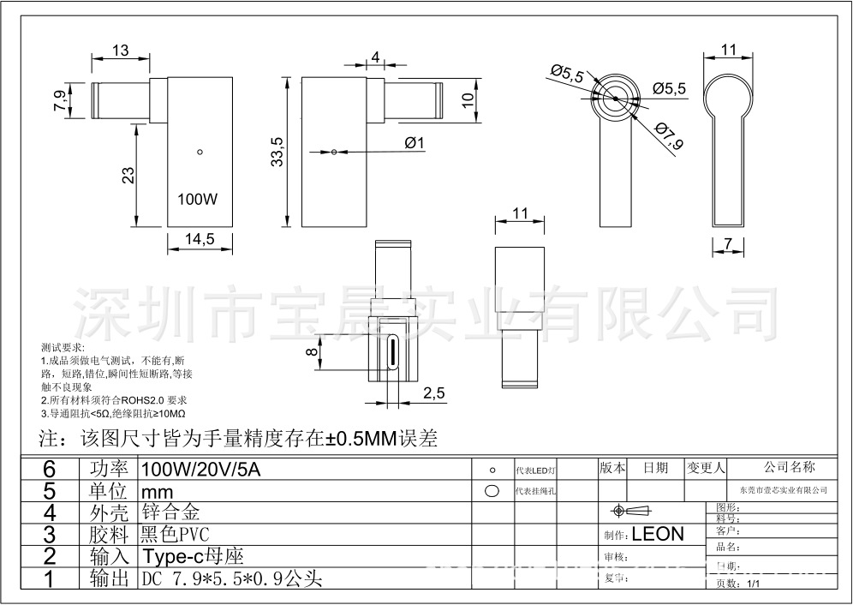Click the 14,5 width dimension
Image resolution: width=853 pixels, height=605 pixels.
point(199,240)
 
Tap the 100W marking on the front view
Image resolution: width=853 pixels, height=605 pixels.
point(197,199)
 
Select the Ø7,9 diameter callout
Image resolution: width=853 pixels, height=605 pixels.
point(669,135)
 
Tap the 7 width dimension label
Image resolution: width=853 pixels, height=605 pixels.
point(728,244)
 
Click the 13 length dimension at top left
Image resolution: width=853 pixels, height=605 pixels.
point(120,51)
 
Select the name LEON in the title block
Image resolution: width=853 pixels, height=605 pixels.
point(658,534)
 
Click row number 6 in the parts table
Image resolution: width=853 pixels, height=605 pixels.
point(49,469)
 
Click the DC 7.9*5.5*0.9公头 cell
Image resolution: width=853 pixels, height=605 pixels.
point(231,578)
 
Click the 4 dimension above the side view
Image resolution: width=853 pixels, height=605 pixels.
point(375,57)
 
